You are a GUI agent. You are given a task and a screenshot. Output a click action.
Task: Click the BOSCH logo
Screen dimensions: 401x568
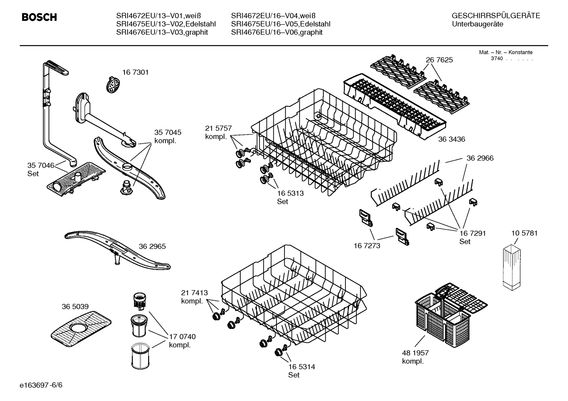pyautogui.click(x=39, y=17)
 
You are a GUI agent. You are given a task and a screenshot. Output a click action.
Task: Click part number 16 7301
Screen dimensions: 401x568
pyautogui.click(x=135, y=72)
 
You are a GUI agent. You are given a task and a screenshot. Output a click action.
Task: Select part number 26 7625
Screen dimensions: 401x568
pyautogui.click(x=439, y=60)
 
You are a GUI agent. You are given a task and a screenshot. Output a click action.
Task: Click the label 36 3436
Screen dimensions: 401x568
pyautogui.click(x=451, y=139)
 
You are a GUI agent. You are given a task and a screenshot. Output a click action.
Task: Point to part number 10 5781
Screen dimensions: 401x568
pyautogui.click(x=524, y=233)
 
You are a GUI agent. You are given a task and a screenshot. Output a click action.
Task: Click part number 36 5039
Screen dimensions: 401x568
pyautogui.click(x=75, y=307)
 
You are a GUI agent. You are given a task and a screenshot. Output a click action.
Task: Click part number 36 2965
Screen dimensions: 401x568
pyautogui.click(x=152, y=246)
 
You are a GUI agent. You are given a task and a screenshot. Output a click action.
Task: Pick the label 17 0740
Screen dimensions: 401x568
pyautogui.click(x=182, y=336)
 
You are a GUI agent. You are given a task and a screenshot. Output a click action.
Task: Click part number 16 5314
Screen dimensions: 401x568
pyautogui.click(x=301, y=367)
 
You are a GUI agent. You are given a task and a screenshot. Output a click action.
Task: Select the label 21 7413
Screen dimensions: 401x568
pyautogui.click(x=194, y=293)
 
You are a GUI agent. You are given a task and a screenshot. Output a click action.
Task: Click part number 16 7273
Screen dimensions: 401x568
pyautogui.click(x=367, y=246)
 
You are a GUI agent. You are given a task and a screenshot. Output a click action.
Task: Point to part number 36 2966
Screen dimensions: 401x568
pyautogui.click(x=480, y=158)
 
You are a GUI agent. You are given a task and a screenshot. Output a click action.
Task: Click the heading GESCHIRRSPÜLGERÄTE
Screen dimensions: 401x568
pyautogui.click(x=496, y=16)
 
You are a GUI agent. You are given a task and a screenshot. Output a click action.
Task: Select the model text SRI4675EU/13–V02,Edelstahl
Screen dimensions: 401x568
pyautogui.click(x=166, y=24)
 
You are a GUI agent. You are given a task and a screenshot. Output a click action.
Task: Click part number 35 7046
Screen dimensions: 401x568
pyautogui.click(x=41, y=165)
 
